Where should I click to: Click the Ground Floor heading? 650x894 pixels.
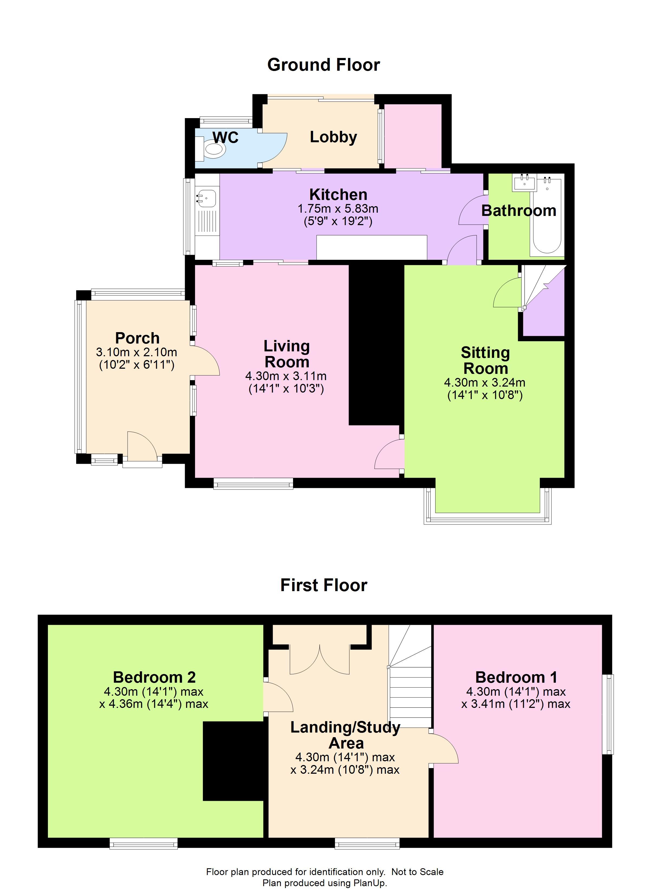[324, 65]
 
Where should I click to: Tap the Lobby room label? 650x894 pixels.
[333, 137]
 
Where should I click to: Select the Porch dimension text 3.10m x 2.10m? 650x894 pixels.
[136, 352]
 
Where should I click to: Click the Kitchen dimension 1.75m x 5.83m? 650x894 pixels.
[338, 209]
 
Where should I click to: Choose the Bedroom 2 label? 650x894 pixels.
[154, 677]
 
